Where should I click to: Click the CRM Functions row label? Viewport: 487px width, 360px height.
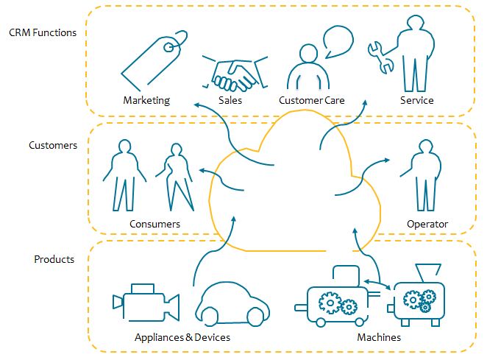click(x=43, y=32)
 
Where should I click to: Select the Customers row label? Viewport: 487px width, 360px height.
click(x=53, y=145)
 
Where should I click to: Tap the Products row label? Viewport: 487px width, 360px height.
click(x=54, y=259)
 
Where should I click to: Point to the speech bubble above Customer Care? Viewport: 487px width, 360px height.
click(x=338, y=43)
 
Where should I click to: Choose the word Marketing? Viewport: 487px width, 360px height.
click(x=146, y=100)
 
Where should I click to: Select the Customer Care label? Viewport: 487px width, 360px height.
click(x=312, y=100)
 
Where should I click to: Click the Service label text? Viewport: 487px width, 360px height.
click(x=416, y=100)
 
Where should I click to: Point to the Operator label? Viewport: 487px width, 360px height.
click(x=427, y=224)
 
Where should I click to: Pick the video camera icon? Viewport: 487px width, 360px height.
click(x=146, y=302)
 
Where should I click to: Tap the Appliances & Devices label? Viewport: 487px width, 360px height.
click(x=182, y=337)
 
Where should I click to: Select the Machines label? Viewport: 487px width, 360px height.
click(x=379, y=337)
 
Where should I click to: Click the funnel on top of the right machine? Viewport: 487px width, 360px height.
click(x=424, y=272)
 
